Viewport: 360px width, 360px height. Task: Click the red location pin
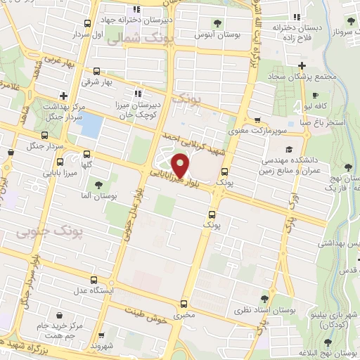[x=181, y=165]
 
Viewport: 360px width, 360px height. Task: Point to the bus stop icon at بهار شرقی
[x=97, y=71]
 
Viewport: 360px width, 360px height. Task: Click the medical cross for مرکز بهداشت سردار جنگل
[x=64, y=95]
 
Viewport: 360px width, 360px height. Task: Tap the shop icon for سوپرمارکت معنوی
[x=259, y=120]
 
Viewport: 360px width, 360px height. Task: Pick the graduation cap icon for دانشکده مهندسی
[x=289, y=150]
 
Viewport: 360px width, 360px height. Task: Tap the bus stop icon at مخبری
[x=184, y=304]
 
